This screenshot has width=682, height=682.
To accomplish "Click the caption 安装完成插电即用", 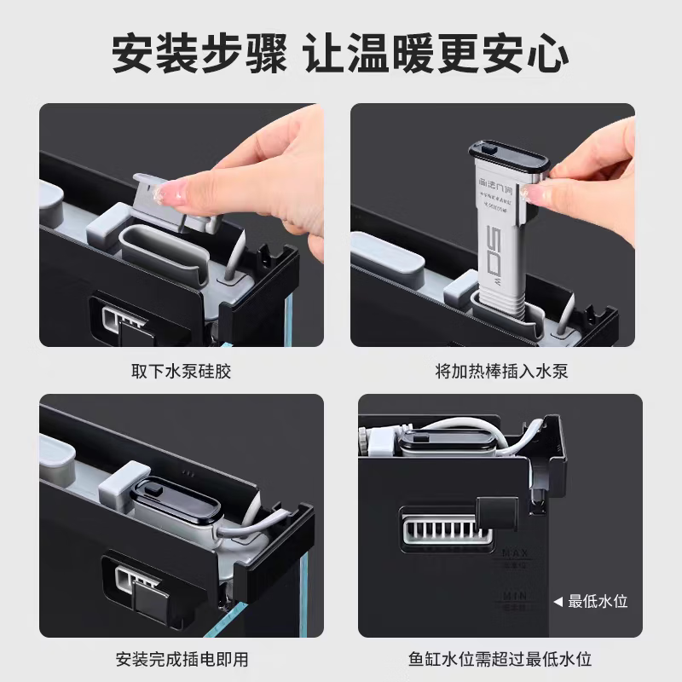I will (x=182, y=659).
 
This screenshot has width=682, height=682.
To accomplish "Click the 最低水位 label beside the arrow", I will (x=598, y=601).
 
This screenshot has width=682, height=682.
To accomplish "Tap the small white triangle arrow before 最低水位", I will (x=558, y=601).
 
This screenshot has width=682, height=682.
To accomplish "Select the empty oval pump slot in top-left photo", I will (x=162, y=251).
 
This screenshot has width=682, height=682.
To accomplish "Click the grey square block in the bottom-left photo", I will (x=125, y=483).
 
